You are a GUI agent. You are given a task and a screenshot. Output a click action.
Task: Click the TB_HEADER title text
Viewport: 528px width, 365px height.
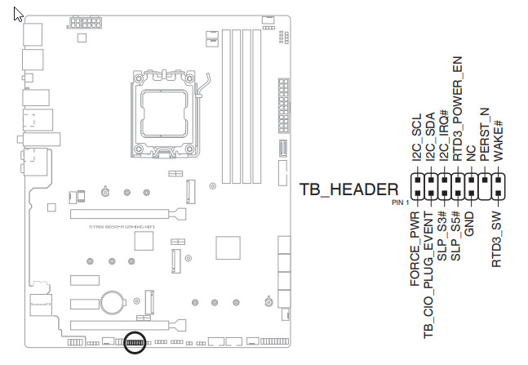tap(349, 189)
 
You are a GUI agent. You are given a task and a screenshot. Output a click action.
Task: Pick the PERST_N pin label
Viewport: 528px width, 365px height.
tap(485, 134)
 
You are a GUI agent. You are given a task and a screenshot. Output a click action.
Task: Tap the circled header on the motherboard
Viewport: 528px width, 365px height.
tap(137, 345)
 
